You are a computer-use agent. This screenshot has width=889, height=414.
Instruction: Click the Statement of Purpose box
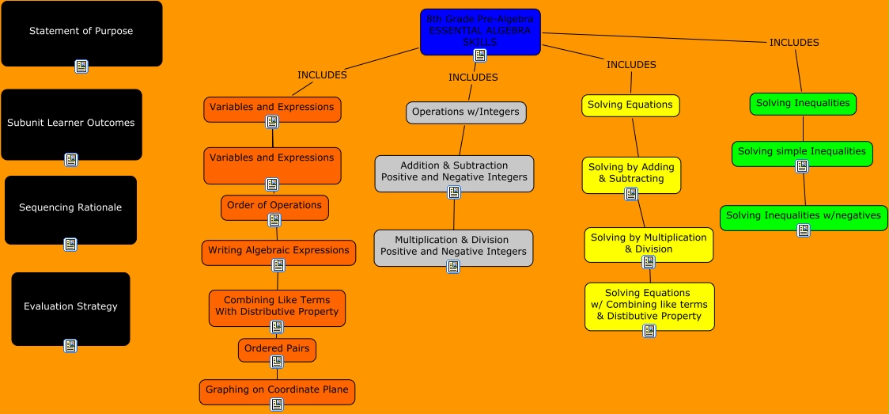click(x=81, y=32)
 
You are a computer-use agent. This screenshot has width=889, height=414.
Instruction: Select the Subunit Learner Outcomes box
click(x=71, y=123)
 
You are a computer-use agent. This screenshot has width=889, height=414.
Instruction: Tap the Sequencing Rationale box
click(x=70, y=208)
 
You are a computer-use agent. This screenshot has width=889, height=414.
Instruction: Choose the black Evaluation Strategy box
click(x=70, y=307)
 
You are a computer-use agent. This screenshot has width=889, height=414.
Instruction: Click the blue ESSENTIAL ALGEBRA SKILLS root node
click(x=480, y=30)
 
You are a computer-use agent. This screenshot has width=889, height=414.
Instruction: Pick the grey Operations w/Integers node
click(x=466, y=112)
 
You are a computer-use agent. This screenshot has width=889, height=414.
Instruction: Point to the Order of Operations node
click(x=274, y=205)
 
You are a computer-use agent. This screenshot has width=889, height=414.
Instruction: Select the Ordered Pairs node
click(x=277, y=348)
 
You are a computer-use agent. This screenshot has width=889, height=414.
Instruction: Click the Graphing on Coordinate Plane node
click(x=277, y=390)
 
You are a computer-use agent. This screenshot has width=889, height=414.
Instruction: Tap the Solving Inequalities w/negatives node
click(x=804, y=215)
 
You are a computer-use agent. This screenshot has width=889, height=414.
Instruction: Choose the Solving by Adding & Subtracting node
click(x=631, y=173)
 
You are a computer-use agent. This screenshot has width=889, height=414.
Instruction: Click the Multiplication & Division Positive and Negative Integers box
click(x=453, y=245)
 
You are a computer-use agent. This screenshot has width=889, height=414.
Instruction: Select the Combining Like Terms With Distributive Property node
click(x=277, y=306)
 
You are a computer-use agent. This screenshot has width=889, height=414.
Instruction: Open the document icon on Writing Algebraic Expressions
click(x=278, y=265)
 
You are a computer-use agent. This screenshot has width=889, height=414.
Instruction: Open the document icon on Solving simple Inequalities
click(x=802, y=165)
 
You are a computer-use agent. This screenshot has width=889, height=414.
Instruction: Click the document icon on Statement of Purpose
click(x=81, y=66)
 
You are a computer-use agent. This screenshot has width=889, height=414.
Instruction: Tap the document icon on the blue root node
click(x=480, y=55)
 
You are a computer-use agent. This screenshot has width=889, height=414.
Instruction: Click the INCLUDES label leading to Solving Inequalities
click(x=794, y=43)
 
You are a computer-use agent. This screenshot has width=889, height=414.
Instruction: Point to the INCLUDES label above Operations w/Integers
click(x=473, y=78)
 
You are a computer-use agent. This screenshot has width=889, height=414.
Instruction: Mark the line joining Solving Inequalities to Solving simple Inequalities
click(x=803, y=128)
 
